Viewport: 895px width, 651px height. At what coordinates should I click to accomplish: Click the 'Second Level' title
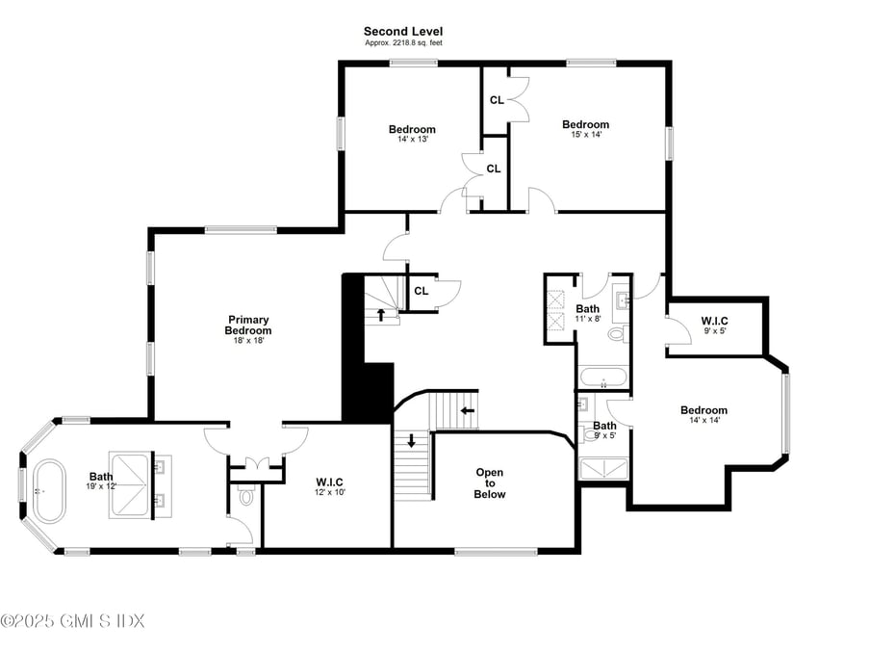(403, 32)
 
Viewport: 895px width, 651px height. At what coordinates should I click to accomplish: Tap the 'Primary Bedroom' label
(248, 325)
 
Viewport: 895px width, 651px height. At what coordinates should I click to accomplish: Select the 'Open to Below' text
(490, 482)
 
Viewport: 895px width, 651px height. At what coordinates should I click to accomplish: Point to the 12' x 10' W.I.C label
(329, 486)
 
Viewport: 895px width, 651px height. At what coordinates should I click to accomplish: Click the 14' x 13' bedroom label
(412, 134)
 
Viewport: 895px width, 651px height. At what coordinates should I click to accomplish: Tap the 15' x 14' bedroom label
(585, 129)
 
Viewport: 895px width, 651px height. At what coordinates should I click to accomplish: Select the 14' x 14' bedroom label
(703, 415)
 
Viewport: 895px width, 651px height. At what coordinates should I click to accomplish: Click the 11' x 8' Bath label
(588, 314)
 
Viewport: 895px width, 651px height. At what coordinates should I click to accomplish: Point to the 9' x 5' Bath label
(604, 430)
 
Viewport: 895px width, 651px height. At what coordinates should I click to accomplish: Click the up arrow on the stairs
(381, 313)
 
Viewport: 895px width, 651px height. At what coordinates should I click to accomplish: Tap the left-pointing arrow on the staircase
(468, 410)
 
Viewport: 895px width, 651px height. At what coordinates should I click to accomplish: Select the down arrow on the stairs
(412, 441)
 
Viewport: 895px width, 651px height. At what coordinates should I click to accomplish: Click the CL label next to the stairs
(421, 291)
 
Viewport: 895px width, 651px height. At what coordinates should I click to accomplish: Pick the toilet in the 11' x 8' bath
(616, 334)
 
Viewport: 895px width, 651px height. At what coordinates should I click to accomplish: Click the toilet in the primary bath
(246, 497)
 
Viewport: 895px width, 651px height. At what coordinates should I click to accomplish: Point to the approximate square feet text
(403, 43)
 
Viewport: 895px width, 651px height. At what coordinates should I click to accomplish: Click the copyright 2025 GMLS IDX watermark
(72, 621)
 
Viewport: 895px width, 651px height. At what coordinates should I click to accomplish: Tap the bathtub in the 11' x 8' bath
(603, 377)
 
